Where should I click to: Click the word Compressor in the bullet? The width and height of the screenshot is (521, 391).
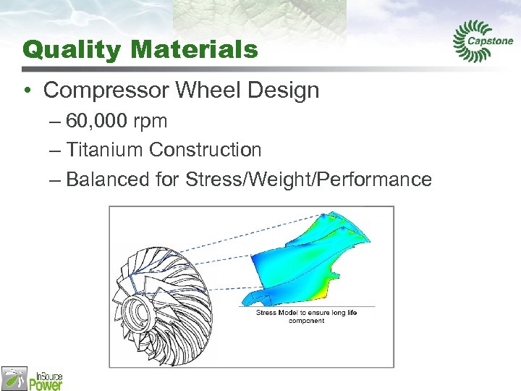[x=108, y=91]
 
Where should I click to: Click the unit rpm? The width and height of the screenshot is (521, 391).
[x=151, y=122]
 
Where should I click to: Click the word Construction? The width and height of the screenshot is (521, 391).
[x=205, y=150]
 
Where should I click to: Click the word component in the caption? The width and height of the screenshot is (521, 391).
[x=307, y=321]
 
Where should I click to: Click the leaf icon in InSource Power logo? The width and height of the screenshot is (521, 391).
[x=14, y=378]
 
